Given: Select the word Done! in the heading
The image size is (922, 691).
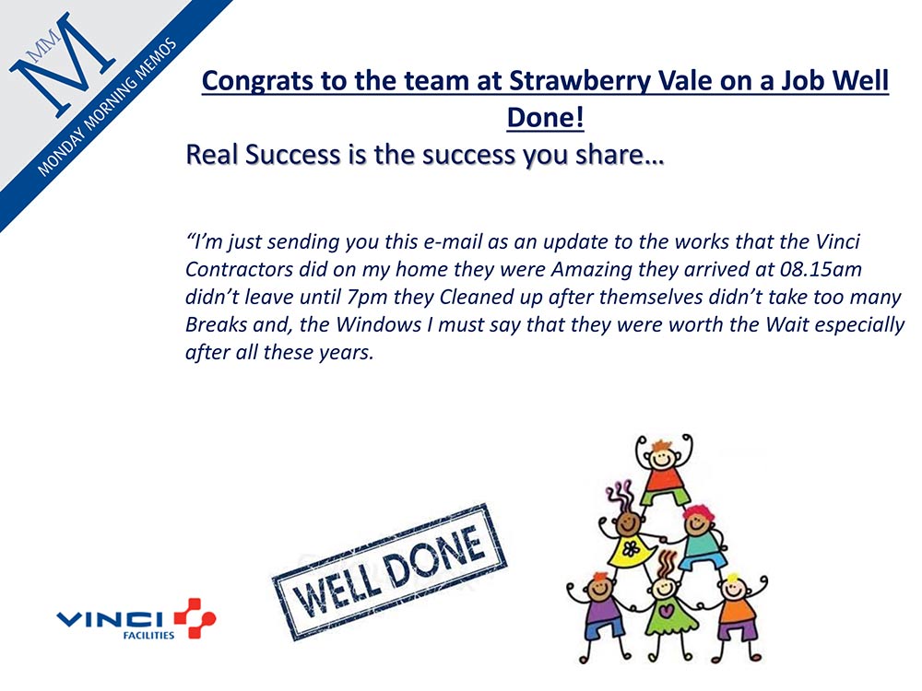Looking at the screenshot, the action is (x=545, y=117).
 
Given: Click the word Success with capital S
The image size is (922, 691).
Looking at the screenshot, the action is (x=292, y=154).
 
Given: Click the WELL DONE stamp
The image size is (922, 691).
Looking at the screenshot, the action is (x=389, y=571).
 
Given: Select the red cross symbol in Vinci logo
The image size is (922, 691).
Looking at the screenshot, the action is (x=195, y=618).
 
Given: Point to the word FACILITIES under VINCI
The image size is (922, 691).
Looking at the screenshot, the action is (x=148, y=635).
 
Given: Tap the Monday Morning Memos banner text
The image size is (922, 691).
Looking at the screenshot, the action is (x=107, y=107).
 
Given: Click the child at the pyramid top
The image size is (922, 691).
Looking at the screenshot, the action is (x=664, y=470).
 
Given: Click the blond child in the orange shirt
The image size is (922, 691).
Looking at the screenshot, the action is (x=736, y=614).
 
